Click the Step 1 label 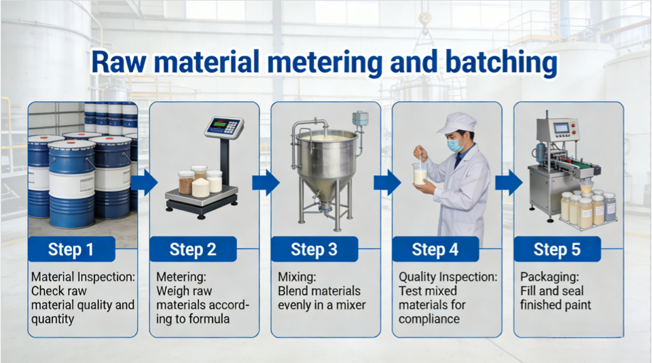point(71,249)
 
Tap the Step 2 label point(193,249)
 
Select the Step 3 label point(314,249)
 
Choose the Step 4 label point(435,249)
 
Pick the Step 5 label point(557,249)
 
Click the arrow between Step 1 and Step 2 point(144,182)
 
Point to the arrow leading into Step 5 point(509,182)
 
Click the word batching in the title point(501,63)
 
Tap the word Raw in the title point(119,63)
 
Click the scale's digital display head point(224,127)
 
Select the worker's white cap point(456,123)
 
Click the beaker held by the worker point(420,173)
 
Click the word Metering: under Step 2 point(181,277)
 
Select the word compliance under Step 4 point(429,319)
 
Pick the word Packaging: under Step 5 point(549,277)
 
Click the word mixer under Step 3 point(350,305)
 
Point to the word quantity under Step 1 point(53,319)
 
